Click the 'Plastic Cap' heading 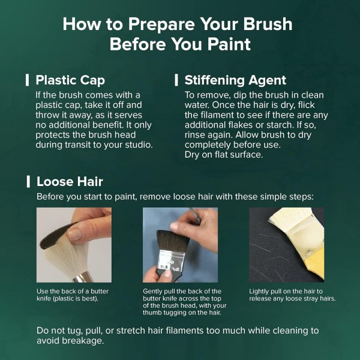coord(70,80)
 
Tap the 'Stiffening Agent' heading coord(235,80)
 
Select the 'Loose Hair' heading coord(70,182)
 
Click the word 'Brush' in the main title coord(268,24)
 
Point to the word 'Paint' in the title coord(229,44)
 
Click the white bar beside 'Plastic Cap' coord(28,80)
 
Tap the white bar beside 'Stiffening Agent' coord(176,80)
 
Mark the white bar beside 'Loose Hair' coord(28,182)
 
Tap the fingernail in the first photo coord(75,234)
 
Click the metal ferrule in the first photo coord(83,277)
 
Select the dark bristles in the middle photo coord(173,240)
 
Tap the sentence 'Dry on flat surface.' coord(224,155)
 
